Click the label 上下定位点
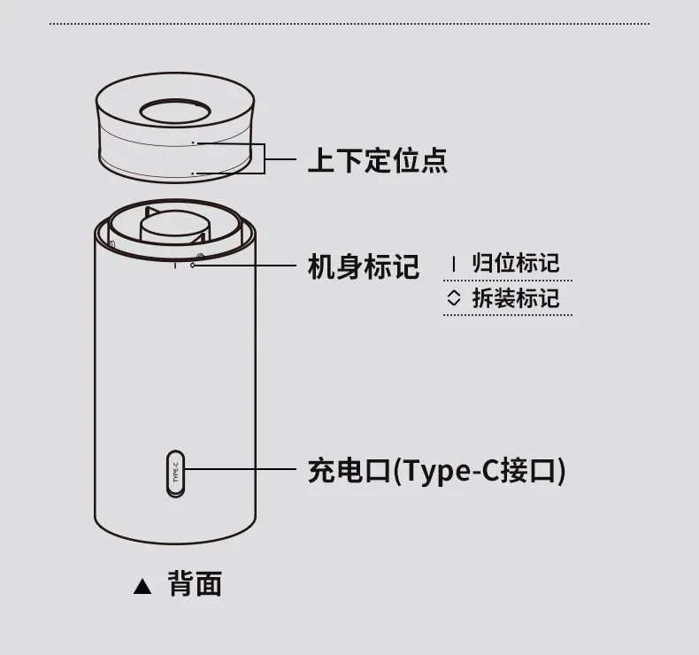377,160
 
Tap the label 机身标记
364,266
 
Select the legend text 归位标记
515,263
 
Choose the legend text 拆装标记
515,298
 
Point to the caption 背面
195,583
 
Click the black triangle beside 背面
142,586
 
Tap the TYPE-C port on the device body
175,474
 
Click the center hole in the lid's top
175,112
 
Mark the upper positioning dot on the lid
193,143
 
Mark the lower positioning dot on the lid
193,173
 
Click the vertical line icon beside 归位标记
454,264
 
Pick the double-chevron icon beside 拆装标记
453,298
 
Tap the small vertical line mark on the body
175,266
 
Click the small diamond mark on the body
193,266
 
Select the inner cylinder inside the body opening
173,227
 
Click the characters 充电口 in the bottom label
349,471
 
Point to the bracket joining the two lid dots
265,158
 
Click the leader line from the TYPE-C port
241,469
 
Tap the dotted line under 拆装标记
508,315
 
